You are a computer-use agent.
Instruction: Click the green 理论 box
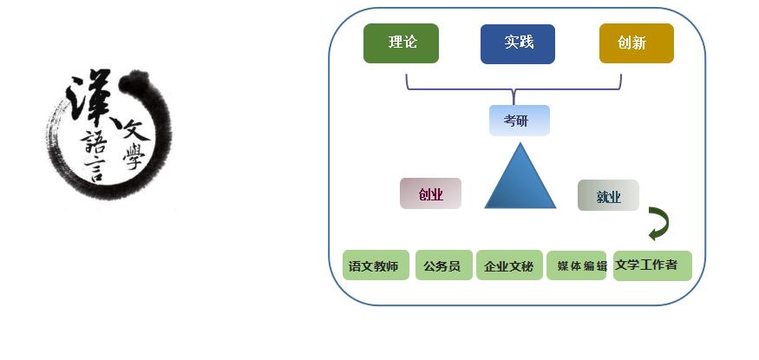coord(401,43)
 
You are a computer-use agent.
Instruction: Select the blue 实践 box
coord(519,43)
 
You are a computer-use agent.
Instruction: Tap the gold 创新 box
coord(636,43)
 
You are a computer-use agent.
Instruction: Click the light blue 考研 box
coord(519,121)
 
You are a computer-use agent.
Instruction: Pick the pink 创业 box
coord(430,193)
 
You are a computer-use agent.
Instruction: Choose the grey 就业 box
coord(608,196)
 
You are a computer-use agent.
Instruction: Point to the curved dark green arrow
coord(658,224)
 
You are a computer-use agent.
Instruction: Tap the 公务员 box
coord(442,266)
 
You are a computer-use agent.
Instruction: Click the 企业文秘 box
coord(509,266)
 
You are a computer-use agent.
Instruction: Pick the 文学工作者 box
coord(651,265)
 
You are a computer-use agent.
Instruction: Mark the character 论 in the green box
coord(409,43)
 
